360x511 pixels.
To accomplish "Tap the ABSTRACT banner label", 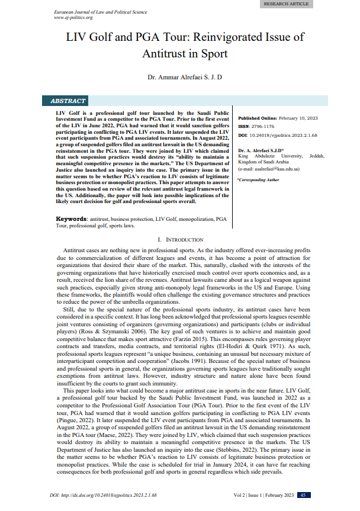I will tap(68, 101).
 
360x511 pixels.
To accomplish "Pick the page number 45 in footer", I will tap(303, 495).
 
